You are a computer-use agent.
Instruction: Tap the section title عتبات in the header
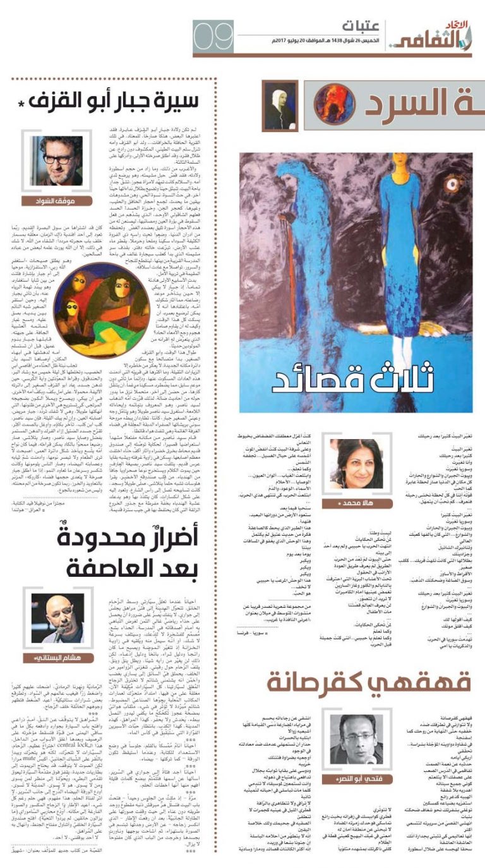click(361, 27)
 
